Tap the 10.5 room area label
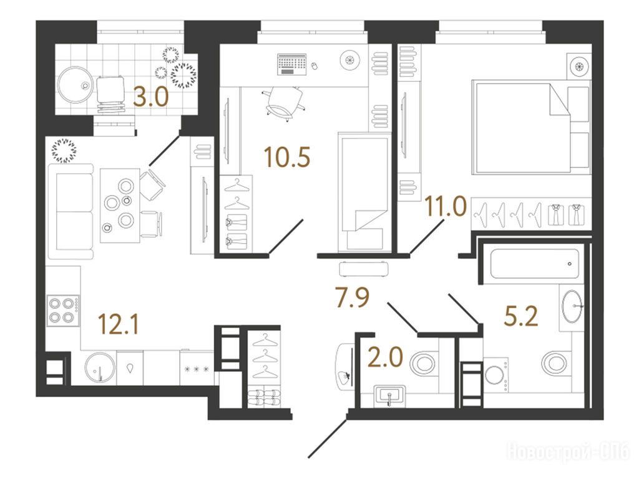tap(287, 157)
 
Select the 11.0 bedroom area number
tap(446, 206)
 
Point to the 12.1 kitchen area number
tap(119, 325)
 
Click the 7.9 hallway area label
tap(353, 297)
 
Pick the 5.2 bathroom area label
tap(521, 316)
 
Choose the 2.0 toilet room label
tap(385, 357)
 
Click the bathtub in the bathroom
tap(535, 264)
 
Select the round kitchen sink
tap(100, 367)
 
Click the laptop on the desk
tap(291, 64)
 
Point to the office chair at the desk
tap(284, 104)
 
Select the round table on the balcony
tap(74, 85)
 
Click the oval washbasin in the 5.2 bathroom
tap(573, 306)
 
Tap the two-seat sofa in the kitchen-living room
tap(71, 211)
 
